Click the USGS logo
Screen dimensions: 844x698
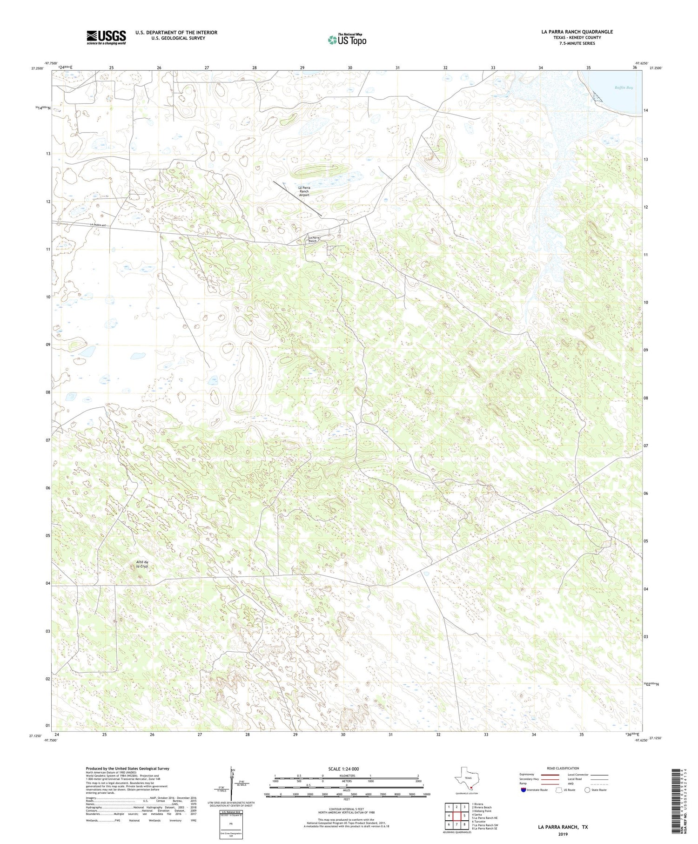pos(106,37)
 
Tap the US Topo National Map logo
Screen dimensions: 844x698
pos(347,40)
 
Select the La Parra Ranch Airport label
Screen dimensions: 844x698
pos(304,191)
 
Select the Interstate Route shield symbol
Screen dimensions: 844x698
pos(523,790)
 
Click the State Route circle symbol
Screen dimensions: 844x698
pos(587,790)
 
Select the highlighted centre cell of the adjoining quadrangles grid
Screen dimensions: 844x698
pos(456,815)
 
